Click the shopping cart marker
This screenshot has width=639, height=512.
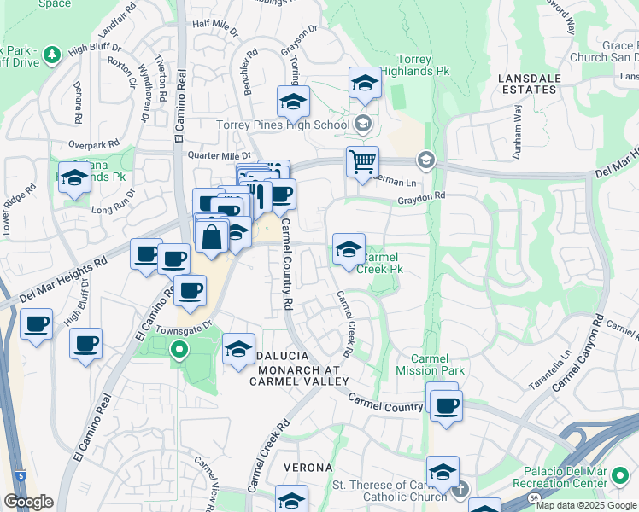(362, 161)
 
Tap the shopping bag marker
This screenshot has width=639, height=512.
(211, 236)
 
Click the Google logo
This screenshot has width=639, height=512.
(28, 502)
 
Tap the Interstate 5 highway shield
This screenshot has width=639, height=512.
(21, 473)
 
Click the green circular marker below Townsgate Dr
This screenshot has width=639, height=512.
(179, 349)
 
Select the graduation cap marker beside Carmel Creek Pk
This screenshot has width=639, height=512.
(349, 250)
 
